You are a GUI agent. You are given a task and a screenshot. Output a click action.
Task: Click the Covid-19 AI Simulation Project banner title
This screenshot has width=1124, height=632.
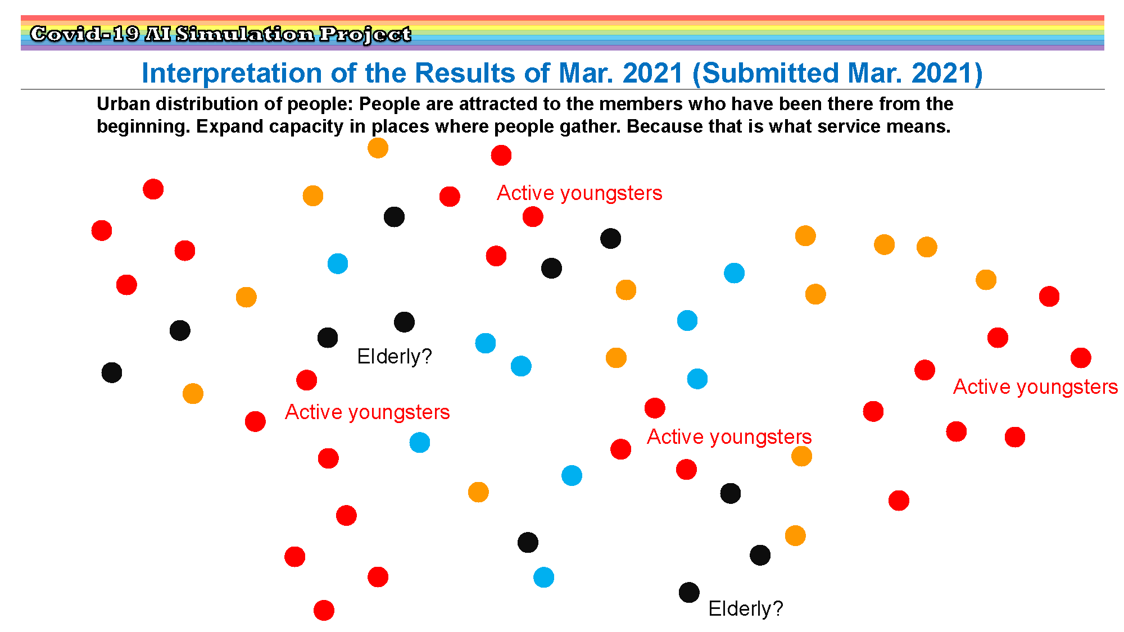point(220,34)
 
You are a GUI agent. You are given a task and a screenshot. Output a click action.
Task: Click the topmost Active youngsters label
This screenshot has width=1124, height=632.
point(579,193)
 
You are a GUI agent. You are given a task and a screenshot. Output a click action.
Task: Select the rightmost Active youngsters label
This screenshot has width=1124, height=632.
point(1036,387)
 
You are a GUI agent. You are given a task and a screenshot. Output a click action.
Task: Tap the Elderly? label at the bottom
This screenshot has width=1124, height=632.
point(746,608)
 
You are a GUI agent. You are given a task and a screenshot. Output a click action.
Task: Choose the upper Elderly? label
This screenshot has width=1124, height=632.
point(395,356)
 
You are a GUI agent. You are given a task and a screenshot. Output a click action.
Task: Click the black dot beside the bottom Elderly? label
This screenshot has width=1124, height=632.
point(689,592)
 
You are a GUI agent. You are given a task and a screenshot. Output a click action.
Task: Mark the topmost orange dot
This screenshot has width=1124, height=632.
point(378,148)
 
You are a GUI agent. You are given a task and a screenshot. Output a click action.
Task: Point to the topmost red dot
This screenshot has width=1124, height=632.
point(501,155)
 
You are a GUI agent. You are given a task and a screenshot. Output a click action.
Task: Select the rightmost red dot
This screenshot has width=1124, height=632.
point(1081,357)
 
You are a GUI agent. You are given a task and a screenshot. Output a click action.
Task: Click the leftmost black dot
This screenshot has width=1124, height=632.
point(112,372)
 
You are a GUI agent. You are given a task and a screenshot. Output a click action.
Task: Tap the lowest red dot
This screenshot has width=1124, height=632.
point(324,610)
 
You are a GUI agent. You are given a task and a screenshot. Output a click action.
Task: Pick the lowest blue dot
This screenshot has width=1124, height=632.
point(543,577)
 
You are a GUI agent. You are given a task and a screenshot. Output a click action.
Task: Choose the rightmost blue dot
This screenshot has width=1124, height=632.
point(734,273)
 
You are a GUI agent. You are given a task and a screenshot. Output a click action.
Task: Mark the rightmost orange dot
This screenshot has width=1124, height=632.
point(986,279)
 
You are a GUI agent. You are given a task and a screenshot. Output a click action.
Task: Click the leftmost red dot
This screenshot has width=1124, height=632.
point(102,230)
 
